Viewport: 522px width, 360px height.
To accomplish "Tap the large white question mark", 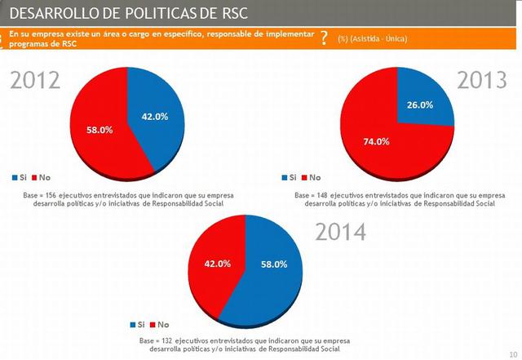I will [x=325, y=38].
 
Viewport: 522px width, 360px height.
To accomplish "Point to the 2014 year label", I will [x=341, y=232].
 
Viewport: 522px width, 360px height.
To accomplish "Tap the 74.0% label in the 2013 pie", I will [x=376, y=141].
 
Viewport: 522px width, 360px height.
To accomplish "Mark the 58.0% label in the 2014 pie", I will [x=272, y=264].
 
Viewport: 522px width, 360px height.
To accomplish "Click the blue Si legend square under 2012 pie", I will [x=15, y=177].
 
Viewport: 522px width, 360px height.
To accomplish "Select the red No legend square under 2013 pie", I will [x=304, y=177].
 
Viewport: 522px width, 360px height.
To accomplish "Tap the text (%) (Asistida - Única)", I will [x=373, y=38].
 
